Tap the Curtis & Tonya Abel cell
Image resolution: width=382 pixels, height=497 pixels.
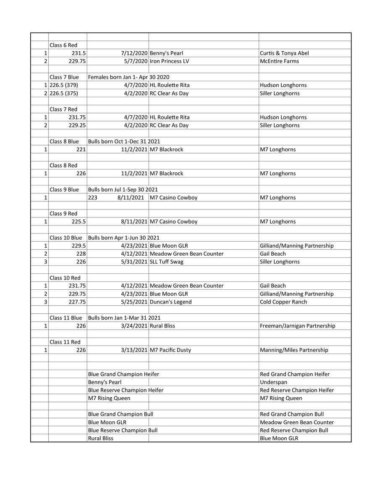[x=285, y=53]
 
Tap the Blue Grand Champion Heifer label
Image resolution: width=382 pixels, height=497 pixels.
[x=123, y=374]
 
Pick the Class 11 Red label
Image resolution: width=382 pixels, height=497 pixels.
[x=65, y=342]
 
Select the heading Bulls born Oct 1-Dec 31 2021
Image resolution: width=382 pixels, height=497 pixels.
[x=124, y=141]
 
